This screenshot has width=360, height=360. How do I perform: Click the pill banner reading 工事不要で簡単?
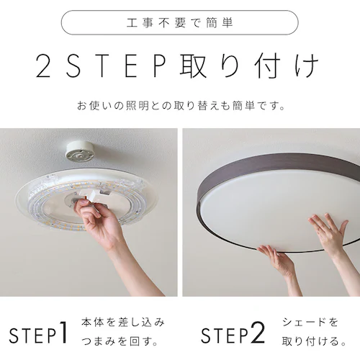point(179,22)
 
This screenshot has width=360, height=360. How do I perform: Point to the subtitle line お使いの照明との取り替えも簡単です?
point(180,106)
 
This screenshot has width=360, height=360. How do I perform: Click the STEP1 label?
point(39,333)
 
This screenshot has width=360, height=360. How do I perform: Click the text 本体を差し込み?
point(123,321)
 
